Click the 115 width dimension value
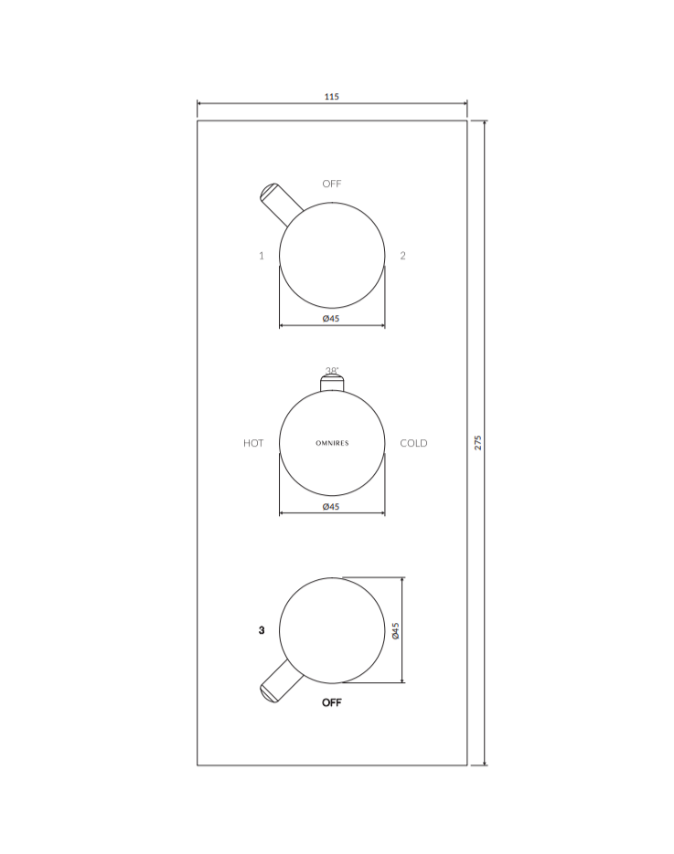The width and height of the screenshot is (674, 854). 332,97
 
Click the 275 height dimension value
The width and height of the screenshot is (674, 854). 478,442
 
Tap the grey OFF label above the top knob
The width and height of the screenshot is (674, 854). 332,184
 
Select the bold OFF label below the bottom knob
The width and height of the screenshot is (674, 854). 332,702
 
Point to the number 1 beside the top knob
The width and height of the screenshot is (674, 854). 262,256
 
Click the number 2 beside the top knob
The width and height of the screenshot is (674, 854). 402,256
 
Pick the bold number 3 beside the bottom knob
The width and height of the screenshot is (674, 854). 262,630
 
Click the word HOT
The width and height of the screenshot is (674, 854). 253,443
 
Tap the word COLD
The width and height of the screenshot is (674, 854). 413,443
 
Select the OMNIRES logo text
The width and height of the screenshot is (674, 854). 332,443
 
